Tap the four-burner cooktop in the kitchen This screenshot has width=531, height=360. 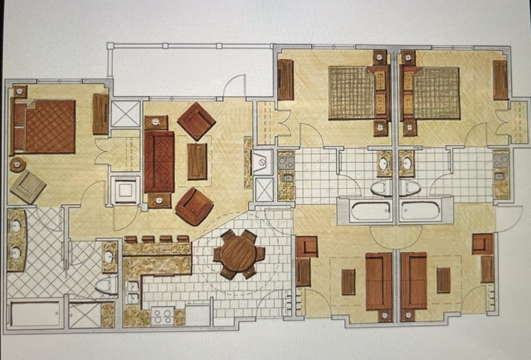click(162, 316)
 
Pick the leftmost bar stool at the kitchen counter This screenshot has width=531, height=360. click(131, 240)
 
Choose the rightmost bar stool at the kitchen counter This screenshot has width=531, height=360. click(183, 239)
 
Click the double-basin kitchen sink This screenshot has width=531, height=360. click(132, 293)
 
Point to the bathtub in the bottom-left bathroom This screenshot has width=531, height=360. click(37, 313)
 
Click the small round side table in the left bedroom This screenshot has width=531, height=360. click(18, 164)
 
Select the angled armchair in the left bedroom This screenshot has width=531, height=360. click(28, 186)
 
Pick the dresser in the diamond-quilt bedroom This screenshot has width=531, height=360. click(100, 114)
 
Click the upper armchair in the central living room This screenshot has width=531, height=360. click(196, 121)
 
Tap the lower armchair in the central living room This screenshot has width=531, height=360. click(194, 206)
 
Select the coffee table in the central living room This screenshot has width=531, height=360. click(197, 161)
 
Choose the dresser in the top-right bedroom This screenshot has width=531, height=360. click(500, 80)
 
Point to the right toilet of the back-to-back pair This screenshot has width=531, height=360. click(410, 187)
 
